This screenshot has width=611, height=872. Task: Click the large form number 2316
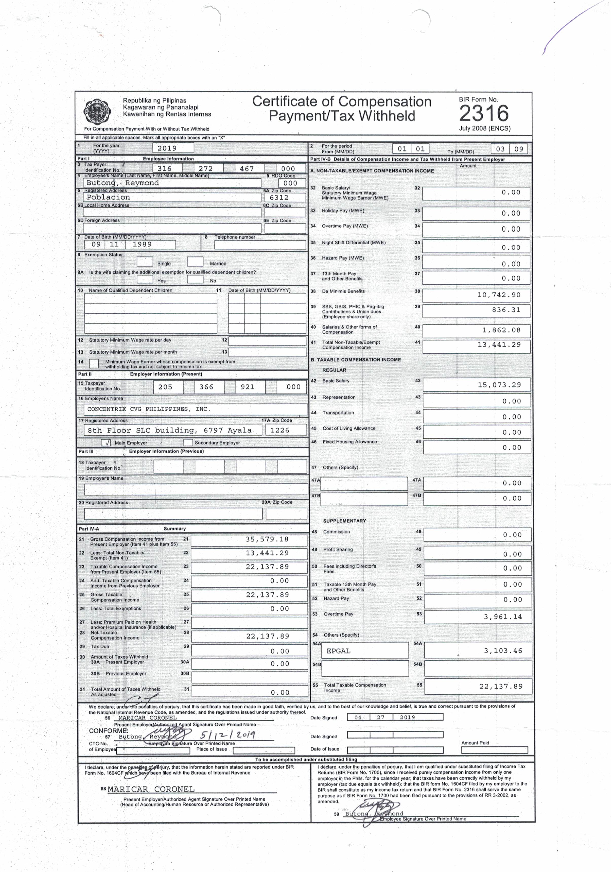pos(483,113)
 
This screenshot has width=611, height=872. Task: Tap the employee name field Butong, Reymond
pos(123,183)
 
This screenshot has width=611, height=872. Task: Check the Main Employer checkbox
pos(106,443)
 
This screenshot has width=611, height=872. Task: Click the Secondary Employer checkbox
pos(188,443)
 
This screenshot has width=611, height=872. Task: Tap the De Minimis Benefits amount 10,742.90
pos(499,295)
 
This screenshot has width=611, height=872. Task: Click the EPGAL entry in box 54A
pos(338,651)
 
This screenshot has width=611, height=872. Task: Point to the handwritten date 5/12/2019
pos(228,735)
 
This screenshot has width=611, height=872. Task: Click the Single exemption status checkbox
pos(145,262)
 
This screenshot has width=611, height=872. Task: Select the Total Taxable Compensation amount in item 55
pos(500,687)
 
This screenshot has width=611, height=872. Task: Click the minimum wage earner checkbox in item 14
pos(94,364)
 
